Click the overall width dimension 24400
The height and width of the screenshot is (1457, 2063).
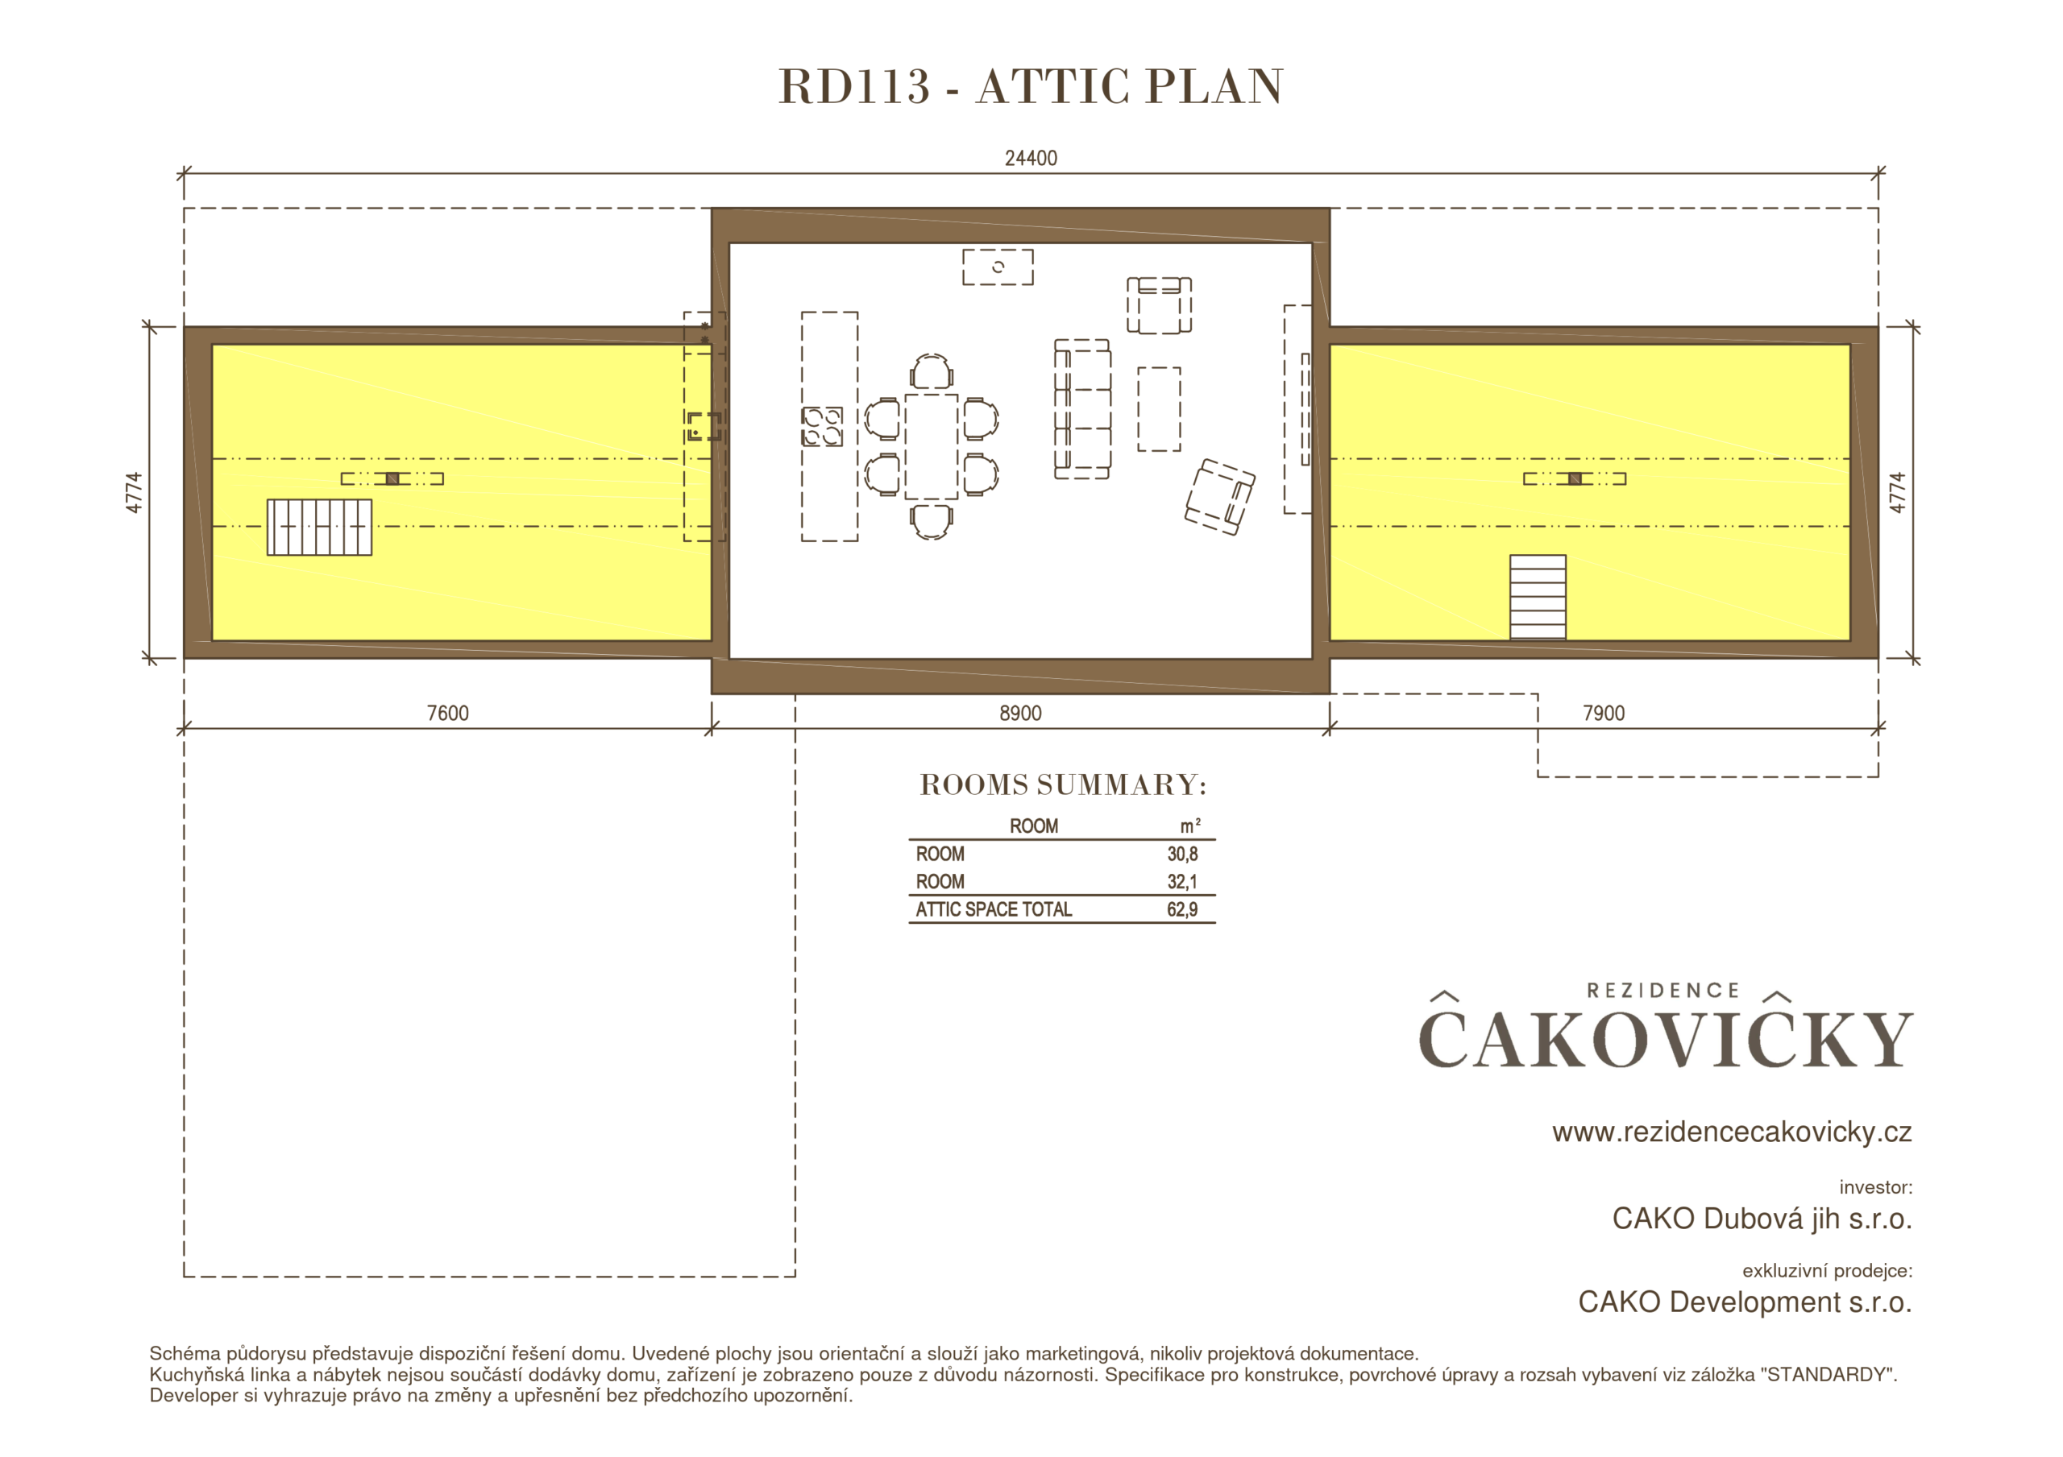[1031, 158]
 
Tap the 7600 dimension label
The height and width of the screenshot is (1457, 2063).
[447, 714]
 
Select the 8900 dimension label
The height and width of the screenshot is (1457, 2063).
[1021, 714]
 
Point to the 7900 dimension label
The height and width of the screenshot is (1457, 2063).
[1604, 714]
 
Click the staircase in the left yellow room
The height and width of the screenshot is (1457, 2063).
[319, 528]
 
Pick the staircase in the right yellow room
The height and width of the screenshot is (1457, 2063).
[1538, 598]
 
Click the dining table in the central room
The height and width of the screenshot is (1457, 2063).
[931, 446]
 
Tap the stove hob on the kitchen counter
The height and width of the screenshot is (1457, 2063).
[822, 427]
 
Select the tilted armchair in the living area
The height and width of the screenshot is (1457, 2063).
[1219, 497]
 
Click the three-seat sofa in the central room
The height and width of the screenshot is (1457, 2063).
[1081, 408]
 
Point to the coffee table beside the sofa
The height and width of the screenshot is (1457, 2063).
[1159, 408]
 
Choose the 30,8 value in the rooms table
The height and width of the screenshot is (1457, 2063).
[1182, 855]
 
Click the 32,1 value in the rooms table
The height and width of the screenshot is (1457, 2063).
[1182, 882]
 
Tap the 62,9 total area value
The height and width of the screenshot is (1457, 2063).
[1182, 910]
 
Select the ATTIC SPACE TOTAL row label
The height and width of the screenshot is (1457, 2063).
[994, 910]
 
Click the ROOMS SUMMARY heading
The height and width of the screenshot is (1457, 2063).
[1063, 785]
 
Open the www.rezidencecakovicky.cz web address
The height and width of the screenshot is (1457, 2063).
[1732, 1132]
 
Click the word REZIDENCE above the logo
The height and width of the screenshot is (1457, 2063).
[1663, 991]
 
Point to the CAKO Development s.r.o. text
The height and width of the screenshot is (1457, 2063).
[1745, 1302]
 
